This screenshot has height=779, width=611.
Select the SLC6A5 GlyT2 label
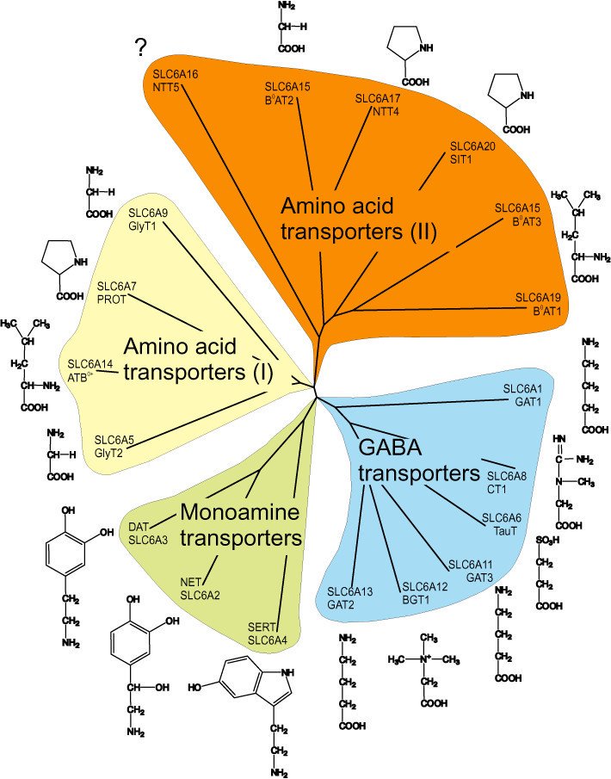pyautogui.click(x=114, y=445)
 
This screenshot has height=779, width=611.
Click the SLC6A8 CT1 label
pyautogui.click(x=505, y=480)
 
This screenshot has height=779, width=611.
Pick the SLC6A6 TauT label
pyautogui.click(x=500, y=522)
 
